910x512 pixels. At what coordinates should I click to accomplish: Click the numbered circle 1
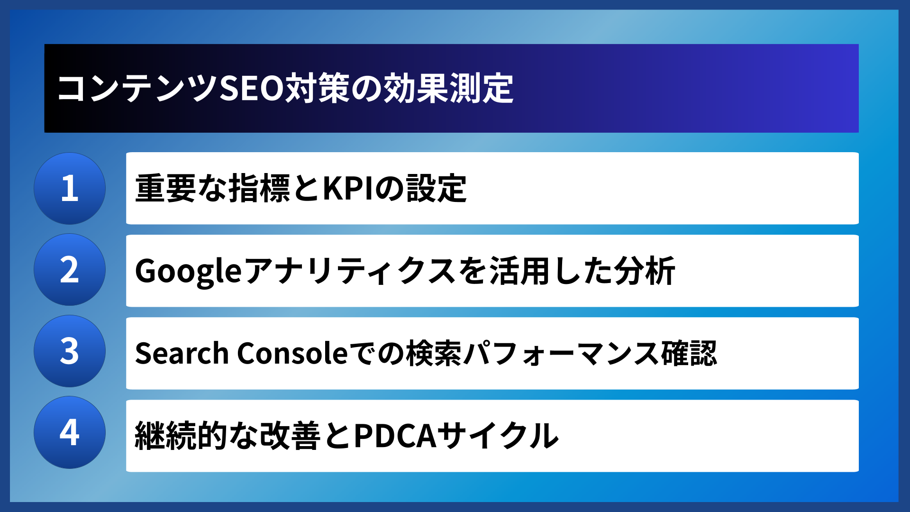pos(70,188)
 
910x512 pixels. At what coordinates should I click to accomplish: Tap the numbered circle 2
pos(70,270)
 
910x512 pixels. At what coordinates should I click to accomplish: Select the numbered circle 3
pos(70,351)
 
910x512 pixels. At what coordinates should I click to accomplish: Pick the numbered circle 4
pos(70,432)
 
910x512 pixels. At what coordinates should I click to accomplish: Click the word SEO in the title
pos(251,89)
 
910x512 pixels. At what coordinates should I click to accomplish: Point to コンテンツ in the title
pos(137,89)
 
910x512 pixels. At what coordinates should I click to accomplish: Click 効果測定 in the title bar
pos(448,89)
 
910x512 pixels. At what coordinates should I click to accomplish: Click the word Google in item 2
pos(189,272)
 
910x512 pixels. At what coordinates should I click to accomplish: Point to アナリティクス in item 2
pos(350,271)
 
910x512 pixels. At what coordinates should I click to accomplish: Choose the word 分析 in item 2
pos(645,271)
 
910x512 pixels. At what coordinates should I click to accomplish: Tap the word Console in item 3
pos(292,353)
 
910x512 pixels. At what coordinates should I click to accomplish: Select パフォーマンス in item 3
pos(561,354)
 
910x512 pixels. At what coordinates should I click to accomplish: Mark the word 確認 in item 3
pos(690,353)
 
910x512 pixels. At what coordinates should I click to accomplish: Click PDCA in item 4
pos(395,436)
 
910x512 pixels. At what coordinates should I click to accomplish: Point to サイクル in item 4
pos(498,436)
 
